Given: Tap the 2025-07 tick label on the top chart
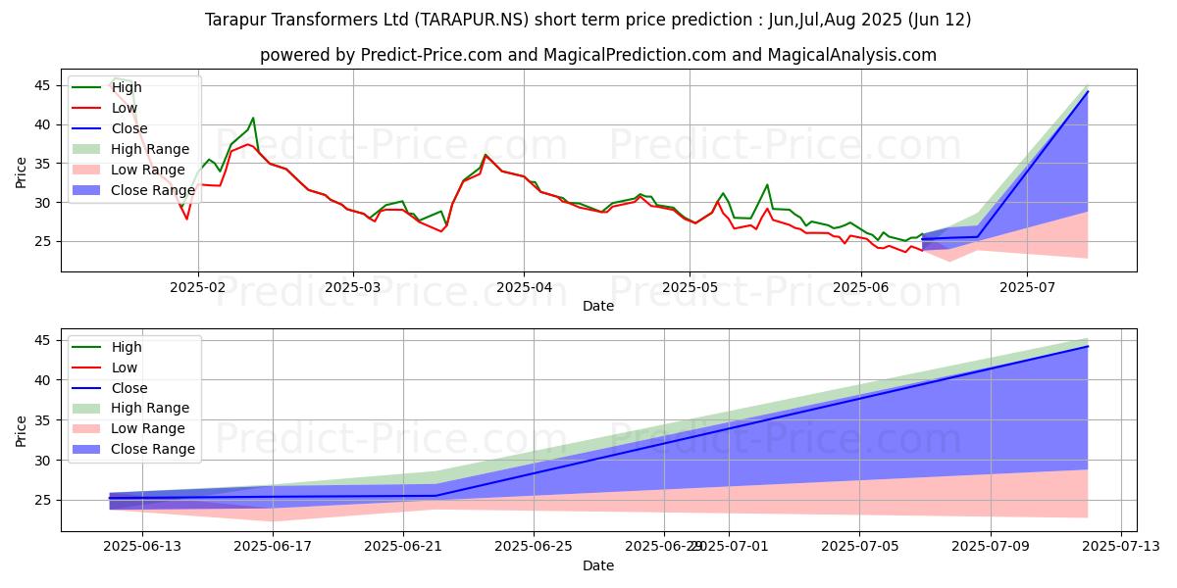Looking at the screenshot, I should (1027, 287).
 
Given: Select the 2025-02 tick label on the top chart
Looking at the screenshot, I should (198, 287).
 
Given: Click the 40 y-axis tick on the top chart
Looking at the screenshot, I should (43, 124).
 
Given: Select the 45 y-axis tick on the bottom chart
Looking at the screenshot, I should (43, 340).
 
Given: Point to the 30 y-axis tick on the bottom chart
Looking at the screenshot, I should (43, 461).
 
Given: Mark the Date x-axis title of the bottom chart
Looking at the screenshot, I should (598, 565).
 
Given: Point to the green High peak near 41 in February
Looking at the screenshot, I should (253, 118).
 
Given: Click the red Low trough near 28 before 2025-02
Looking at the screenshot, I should (186, 219).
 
